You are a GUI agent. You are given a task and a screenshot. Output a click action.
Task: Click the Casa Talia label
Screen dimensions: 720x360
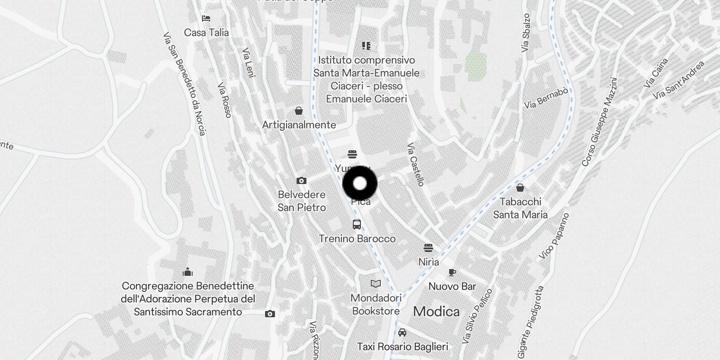[x=206, y=32]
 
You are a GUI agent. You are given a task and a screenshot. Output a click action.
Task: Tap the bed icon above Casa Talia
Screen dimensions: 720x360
[x=206, y=18]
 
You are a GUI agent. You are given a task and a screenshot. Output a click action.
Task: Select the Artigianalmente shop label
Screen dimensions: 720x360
[x=299, y=125]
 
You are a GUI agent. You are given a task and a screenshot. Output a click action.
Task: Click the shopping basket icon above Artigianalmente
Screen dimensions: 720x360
[x=298, y=111]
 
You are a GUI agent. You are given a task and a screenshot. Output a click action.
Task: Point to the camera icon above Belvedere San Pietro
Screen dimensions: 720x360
[x=301, y=181]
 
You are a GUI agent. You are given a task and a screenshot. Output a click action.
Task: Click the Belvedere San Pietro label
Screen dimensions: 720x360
[x=301, y=201]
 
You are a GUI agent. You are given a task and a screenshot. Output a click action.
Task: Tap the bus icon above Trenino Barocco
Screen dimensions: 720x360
[x=357, y=224]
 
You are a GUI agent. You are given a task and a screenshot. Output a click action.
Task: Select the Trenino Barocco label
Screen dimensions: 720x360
[x=357, y=238]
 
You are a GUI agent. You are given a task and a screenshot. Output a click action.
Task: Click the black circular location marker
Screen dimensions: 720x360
[x=360, y=184]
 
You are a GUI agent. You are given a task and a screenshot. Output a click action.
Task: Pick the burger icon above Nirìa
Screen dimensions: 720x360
[x=428, y=248]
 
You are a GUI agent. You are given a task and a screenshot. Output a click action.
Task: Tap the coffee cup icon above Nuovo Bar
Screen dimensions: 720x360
[x=452, y=272]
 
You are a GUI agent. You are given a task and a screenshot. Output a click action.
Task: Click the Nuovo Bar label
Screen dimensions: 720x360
[x=452, y=286]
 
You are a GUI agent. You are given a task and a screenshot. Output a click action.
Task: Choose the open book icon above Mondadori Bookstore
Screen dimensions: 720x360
[x=376, y=283]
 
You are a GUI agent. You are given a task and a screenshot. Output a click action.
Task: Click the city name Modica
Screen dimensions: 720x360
[x=436, y=311]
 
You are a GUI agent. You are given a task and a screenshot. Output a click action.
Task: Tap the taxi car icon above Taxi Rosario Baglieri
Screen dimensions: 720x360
[x=402, y=333]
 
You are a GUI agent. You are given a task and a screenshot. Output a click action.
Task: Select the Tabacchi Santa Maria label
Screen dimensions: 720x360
[x=520, y=208]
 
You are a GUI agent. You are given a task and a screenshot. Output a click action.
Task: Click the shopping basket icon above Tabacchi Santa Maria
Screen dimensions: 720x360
[x=520, y=188]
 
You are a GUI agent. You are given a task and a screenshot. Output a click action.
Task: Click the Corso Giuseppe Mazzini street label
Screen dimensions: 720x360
[x=599, y=122]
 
